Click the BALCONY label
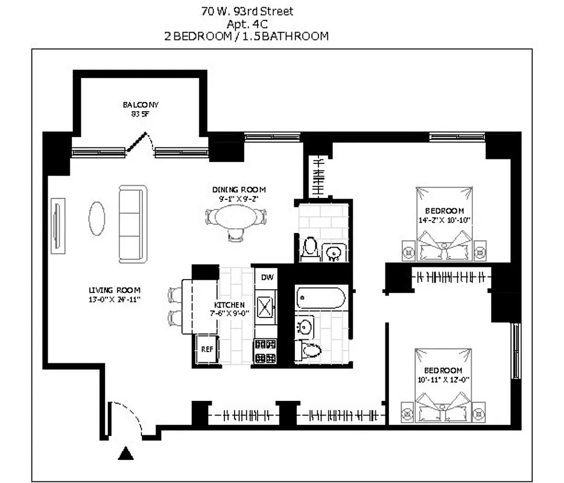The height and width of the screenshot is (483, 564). point(141,105)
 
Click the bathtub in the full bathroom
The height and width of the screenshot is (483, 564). point(320,298)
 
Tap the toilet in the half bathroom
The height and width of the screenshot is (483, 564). point(311,248)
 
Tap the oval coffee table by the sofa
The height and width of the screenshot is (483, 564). point(97,218)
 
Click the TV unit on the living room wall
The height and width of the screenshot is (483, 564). point(58,225)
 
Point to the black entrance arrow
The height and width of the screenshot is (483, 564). point(125,453)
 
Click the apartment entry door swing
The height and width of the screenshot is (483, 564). point(125,418)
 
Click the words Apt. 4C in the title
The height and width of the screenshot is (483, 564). point(247,24)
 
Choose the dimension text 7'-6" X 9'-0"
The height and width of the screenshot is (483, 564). point(229,313)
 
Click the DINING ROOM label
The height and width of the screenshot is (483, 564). point(238,190)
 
